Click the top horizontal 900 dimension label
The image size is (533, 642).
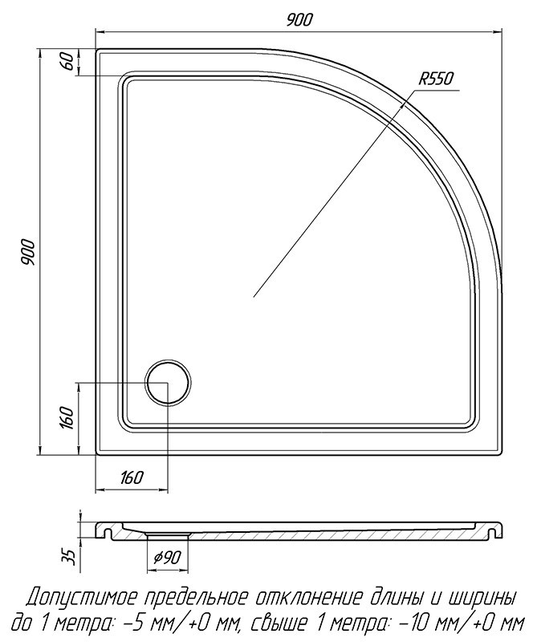tap(299, 19)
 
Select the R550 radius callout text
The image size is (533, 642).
tap(435, 78)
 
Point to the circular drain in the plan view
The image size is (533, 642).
tap(168, 383)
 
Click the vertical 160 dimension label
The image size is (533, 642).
tap(67, 418)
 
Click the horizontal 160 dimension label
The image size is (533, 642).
tap(132, 477)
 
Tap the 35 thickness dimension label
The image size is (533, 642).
tap(71, 557)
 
